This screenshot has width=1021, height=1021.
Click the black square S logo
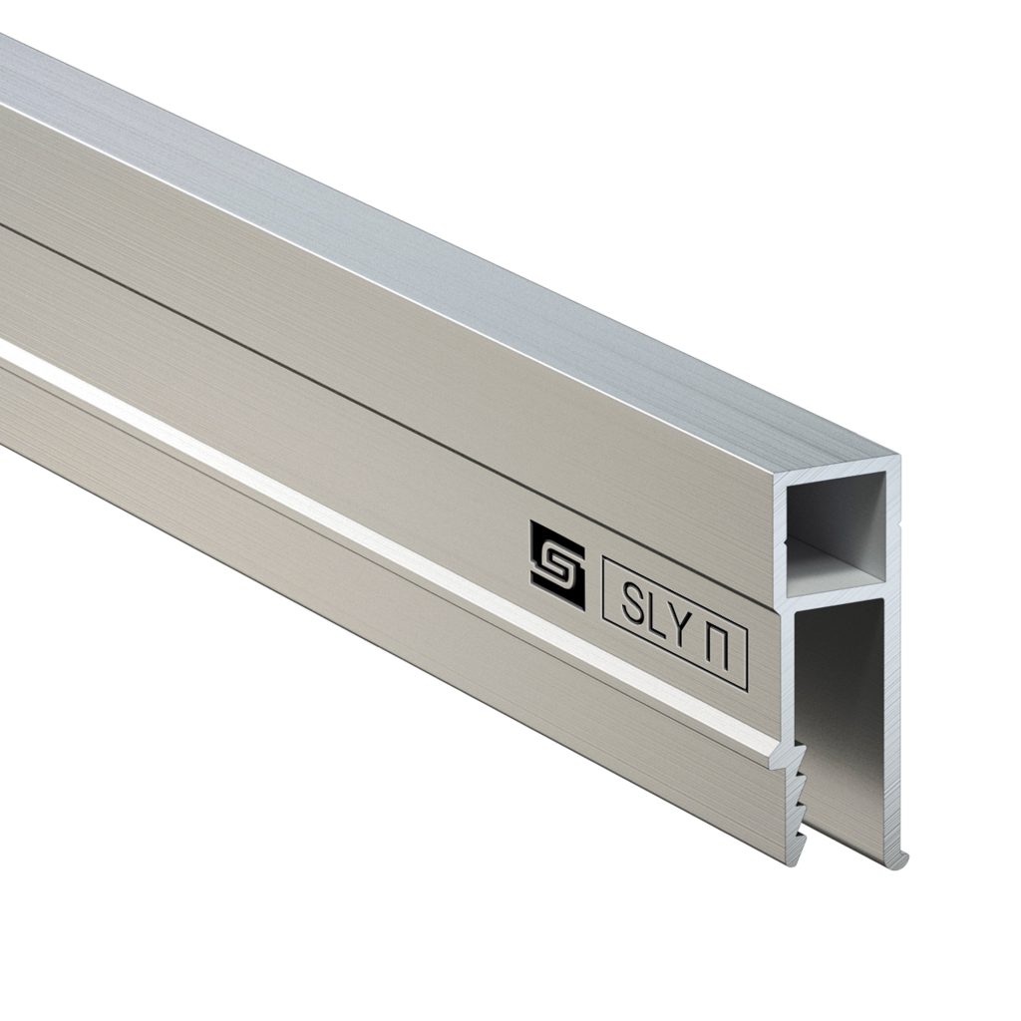coord(557,565)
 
